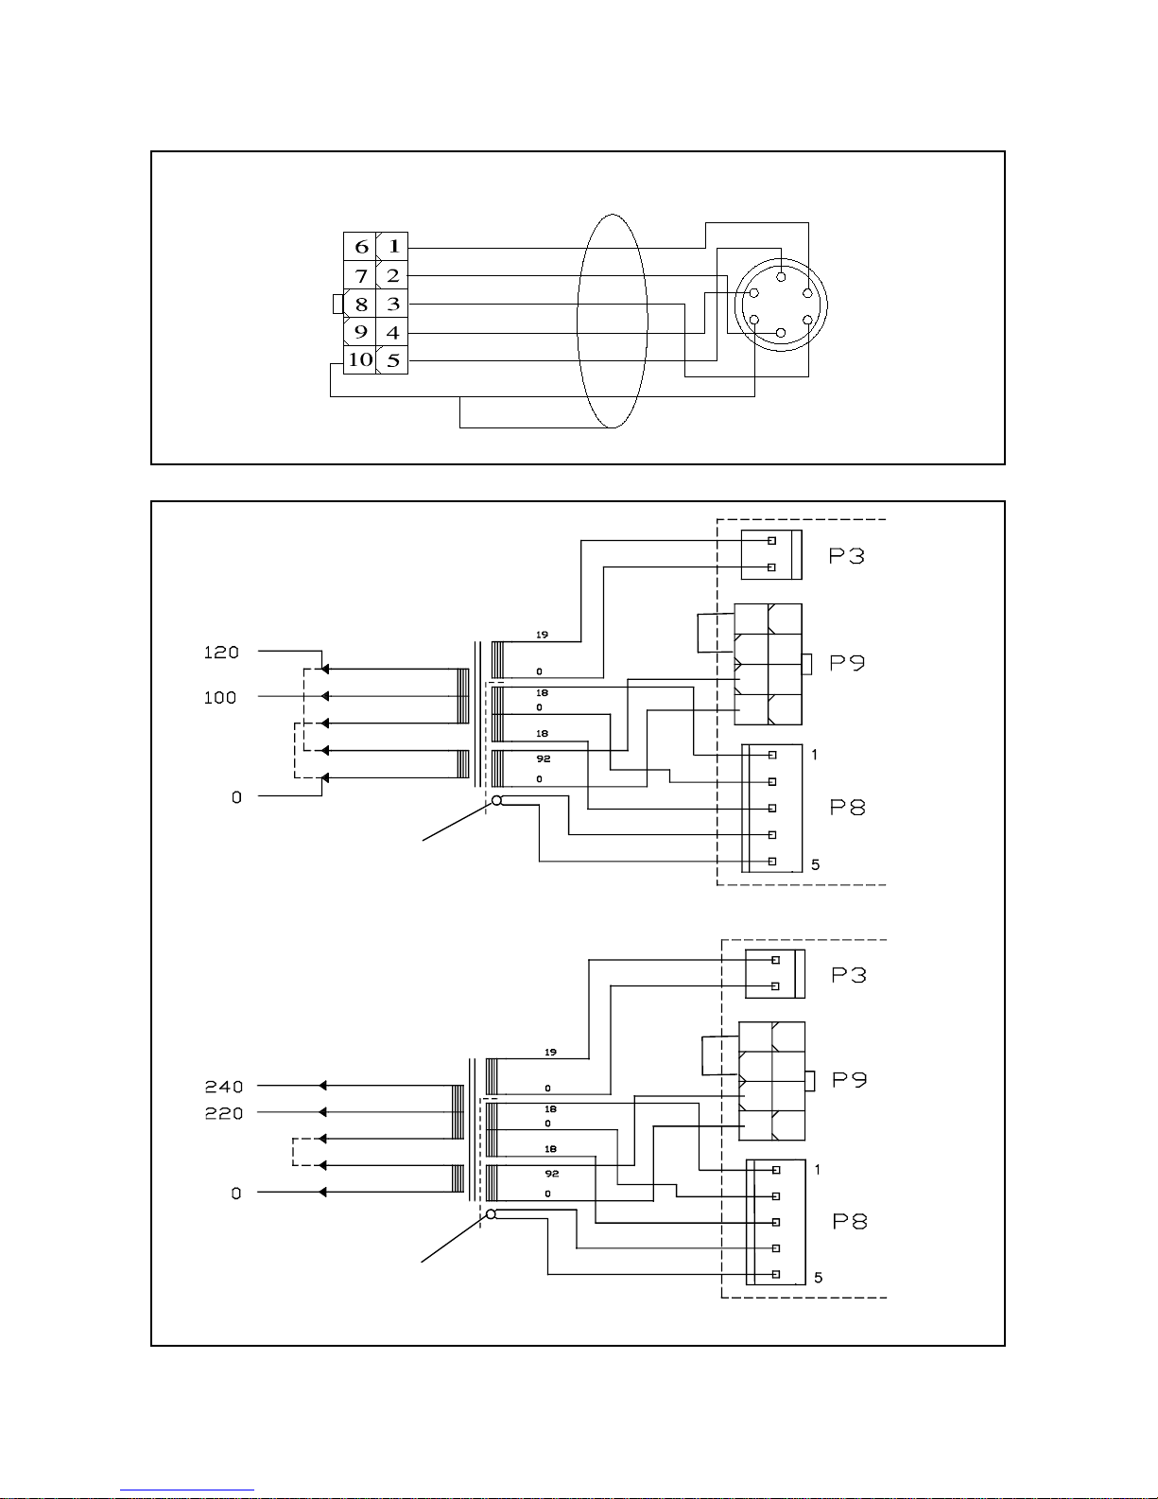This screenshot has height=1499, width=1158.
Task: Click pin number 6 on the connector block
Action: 361,246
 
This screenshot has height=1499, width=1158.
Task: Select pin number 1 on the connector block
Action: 393,246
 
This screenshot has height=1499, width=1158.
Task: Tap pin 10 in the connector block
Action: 360,359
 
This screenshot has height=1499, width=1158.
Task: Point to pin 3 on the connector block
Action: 393,304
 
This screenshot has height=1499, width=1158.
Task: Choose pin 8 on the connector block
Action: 361,305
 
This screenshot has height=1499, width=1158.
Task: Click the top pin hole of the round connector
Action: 781,277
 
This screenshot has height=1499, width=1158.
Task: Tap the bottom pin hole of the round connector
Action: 781,333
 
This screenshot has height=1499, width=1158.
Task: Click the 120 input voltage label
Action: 221,653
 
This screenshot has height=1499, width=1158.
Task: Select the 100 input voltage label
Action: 220,697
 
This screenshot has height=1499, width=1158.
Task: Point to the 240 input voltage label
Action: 224,1088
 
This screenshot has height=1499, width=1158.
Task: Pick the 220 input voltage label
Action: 224,1113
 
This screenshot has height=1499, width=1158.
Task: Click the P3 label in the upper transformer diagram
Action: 846,556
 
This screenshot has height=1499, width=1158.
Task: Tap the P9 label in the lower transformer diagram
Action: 850,1080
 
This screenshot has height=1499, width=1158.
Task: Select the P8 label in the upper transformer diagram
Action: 847,807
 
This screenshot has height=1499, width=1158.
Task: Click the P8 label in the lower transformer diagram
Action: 850,1222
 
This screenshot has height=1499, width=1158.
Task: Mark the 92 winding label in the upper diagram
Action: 544,758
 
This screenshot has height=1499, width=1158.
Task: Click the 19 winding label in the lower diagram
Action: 550,1052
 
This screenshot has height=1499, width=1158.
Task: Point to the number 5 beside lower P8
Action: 819,1279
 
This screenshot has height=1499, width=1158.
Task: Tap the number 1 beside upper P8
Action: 814,755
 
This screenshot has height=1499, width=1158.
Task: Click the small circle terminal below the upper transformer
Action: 496,800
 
